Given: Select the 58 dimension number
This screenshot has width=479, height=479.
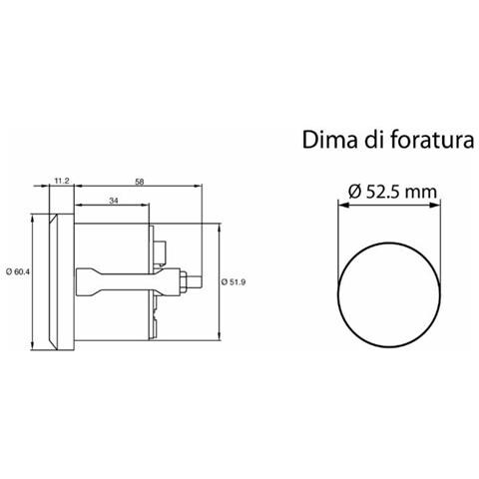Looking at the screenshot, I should coord(138,180).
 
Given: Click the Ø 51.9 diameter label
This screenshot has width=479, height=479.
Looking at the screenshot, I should coord(233,281).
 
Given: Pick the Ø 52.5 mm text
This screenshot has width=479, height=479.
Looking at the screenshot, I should coord(390,190).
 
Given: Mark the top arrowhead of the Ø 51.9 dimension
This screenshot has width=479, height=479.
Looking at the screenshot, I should coord(219,228).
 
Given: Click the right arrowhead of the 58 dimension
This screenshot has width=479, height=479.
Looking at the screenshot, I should coord(201,189).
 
